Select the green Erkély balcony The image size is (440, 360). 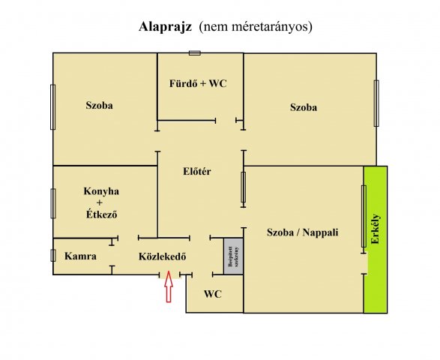coord(375,239)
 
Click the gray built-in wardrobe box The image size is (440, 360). coord(232,257)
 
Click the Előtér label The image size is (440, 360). coord(197,172)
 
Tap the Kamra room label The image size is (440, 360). coord(80,256)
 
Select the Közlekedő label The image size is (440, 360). coord(163,256)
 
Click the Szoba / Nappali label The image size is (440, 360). coord(303,232)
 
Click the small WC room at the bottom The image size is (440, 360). coord(214,294)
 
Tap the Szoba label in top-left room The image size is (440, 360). coord(99,106)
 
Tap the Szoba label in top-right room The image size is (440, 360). coord(304,107)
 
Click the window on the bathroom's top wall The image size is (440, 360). coord(195,52)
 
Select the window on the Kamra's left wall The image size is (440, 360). coord(52,255)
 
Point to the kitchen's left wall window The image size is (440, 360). coord(52,203)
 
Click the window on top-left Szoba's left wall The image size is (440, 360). coord(52,106)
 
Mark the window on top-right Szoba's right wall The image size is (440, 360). coord(376,103)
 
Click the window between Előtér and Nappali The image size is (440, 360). coord(244,187)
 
